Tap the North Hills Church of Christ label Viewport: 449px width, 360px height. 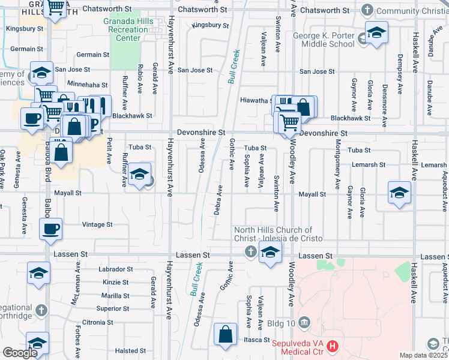pyautogui.click(x=273, y=233)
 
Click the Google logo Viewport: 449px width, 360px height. pyautogui.click(x=20, y=353)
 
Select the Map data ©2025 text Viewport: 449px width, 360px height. pyautogui.click(x=424, y=355)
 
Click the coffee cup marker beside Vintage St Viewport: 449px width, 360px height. pyautogui.click(x=50, y=229)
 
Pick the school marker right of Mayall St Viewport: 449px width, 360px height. pyautogui.click(x=399, y=193)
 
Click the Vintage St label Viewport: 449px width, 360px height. pyautogui.click(x=97, y=224)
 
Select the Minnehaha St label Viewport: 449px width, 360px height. pyautogui.click(x=87, y=85)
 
